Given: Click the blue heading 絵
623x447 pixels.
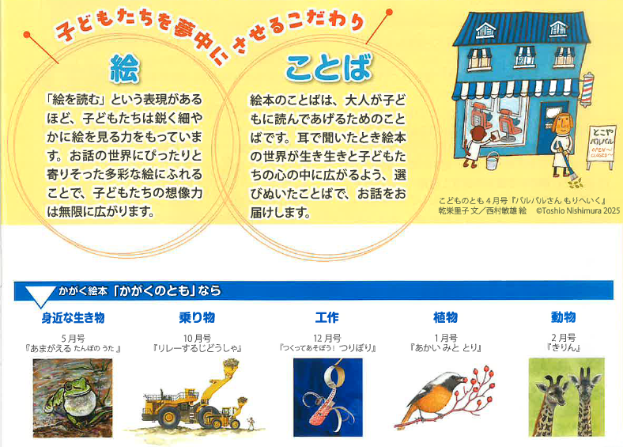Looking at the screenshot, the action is click(124, 68).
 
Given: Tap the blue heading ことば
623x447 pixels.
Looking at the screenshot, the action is click(329, 67).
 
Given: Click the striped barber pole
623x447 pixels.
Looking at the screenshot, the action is click(587, 90).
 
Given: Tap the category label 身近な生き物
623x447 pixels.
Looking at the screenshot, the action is click(73, 318).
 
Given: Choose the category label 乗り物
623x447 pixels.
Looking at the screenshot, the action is click(197, 317).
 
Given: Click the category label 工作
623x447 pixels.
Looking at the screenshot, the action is click(327, 317).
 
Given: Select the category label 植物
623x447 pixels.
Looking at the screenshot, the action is click(445, 317).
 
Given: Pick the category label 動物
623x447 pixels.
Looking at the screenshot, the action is click(564, 317).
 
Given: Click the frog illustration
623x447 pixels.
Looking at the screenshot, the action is click(73, 398).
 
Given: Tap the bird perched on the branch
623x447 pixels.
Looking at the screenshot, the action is click(433, 396).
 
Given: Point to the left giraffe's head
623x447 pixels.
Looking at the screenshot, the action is click(551, 390).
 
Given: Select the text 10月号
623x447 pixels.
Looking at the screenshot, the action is click(197, 339).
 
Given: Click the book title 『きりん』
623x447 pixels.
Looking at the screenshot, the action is click(564, 347).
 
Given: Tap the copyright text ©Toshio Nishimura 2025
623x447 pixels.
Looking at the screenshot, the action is click(578, 210).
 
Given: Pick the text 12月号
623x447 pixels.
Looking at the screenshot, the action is click(327, 339).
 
